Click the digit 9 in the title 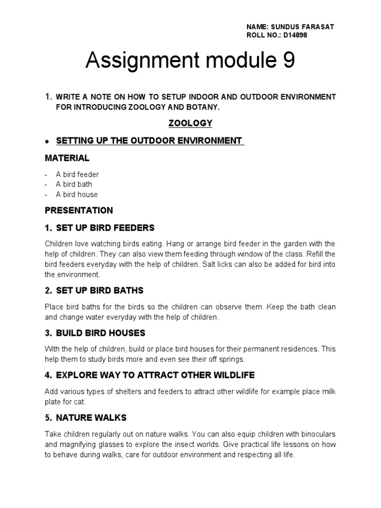[288, 61]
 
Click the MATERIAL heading [67, 158]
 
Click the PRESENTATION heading [79, 210]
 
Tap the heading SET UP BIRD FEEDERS [105, 228]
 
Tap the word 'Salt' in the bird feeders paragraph [210, 264]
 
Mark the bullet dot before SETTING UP [47, 141]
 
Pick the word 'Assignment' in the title [136, 61]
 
